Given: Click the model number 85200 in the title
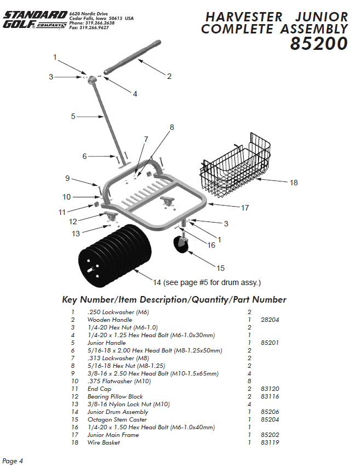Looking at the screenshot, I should (319, 44).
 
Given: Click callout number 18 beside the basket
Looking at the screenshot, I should (294, 183).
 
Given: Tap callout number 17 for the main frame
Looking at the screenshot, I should (245, 208).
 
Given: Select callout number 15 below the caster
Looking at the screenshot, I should (220, 268).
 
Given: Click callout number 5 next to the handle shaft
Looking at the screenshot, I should (73, 116).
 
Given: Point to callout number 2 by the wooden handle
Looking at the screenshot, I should (169, 76).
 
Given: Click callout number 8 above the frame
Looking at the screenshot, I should (171, 127).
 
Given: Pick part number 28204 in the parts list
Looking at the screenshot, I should (271, 320).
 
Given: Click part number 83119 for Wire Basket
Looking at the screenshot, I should (271, 442).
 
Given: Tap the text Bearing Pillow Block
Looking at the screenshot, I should (115, 396).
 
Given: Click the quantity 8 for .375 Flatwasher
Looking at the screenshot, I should (249, 381).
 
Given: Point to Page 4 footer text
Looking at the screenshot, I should (13, 461).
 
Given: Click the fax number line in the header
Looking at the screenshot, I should (89, 27).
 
